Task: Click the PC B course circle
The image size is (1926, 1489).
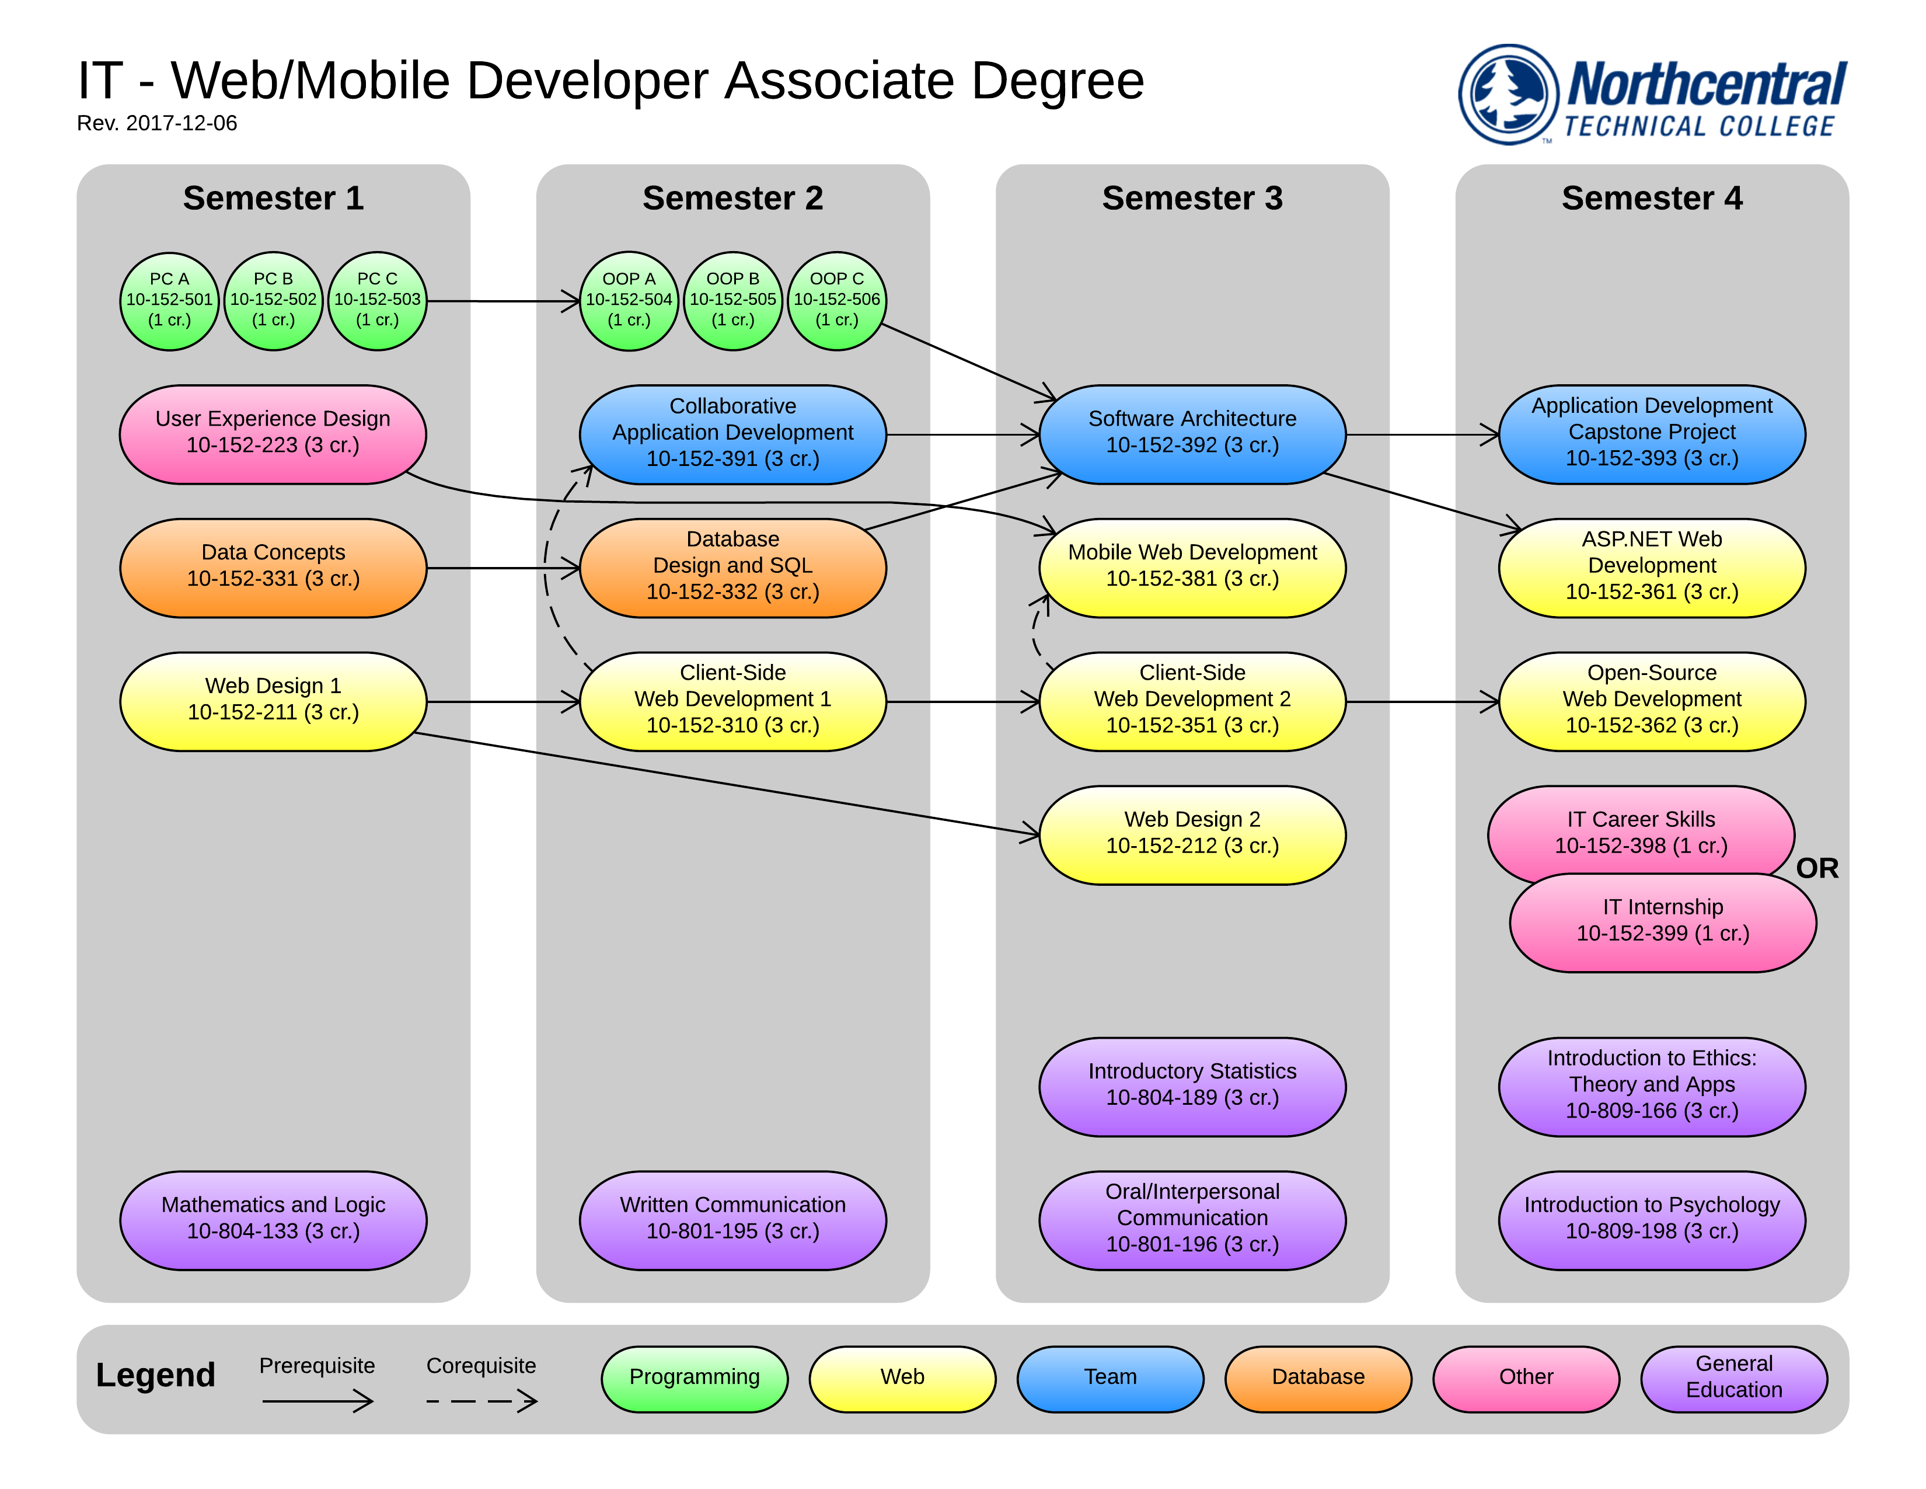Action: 273,301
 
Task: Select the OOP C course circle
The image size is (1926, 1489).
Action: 836,301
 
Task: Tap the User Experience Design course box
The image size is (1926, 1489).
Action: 273,434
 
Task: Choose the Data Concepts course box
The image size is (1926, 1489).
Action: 273,567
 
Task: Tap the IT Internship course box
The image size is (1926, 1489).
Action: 1662,923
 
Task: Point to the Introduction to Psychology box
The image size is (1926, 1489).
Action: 1651,1219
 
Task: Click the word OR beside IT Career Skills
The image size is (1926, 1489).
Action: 1817,868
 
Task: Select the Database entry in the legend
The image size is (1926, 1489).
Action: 1317,1378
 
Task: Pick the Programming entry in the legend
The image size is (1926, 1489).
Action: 694,1378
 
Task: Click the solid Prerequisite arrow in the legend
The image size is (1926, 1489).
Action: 317,1400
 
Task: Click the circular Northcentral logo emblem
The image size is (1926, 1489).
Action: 1509,95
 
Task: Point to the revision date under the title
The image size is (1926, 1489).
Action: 157,123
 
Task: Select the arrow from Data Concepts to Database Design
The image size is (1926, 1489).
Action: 503,568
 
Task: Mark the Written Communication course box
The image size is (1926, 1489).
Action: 732,1219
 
